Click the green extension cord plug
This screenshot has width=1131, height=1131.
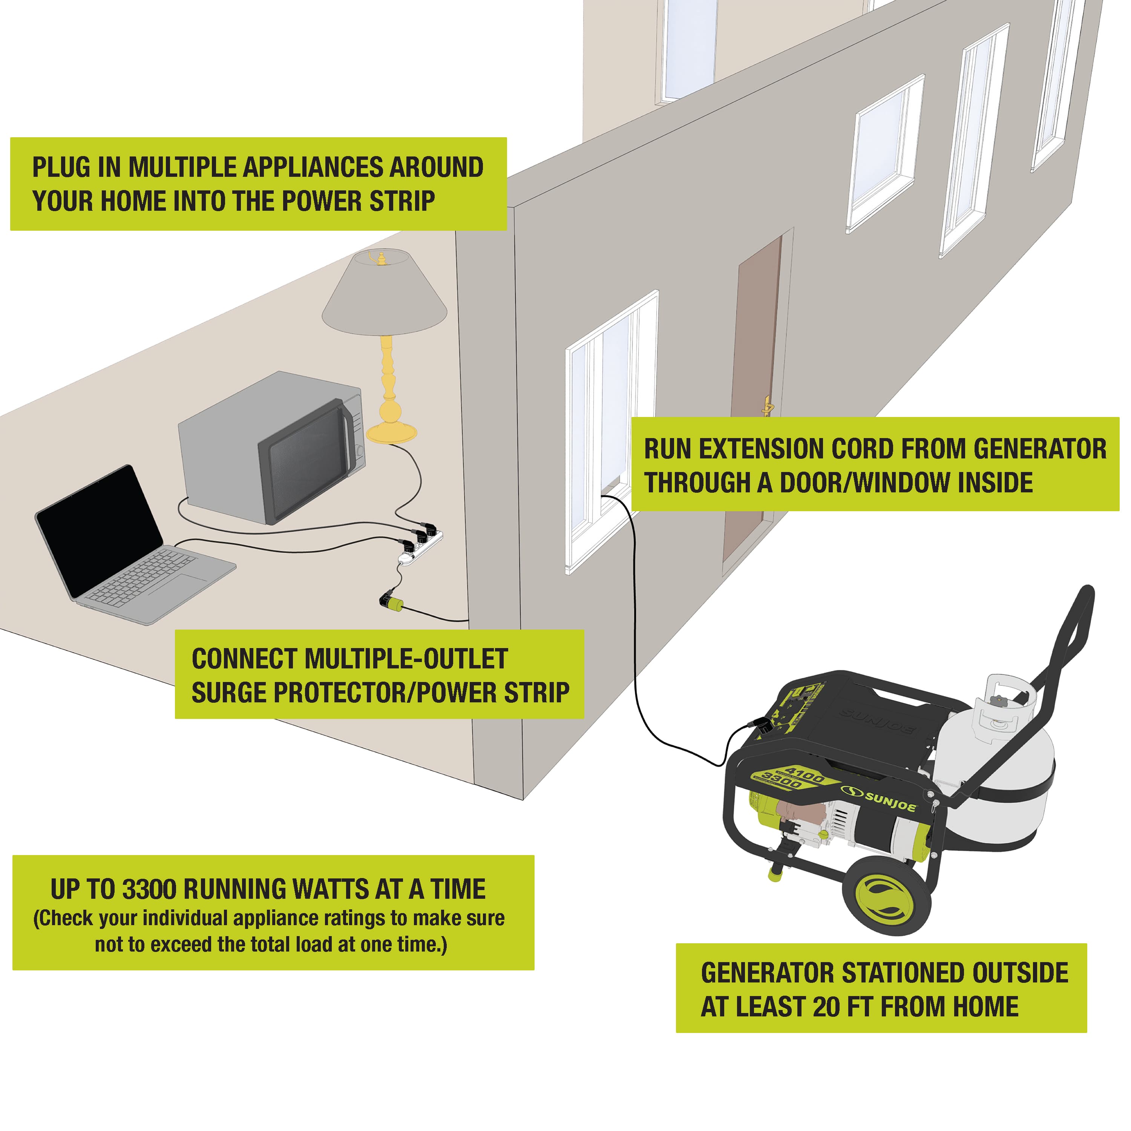391,601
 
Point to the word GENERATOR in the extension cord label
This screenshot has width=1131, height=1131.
1040,449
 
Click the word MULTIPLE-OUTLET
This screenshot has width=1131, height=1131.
406,659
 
